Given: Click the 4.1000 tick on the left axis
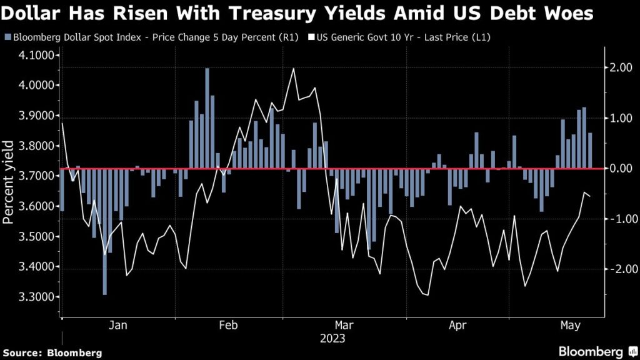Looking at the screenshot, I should click(x=37, y=55).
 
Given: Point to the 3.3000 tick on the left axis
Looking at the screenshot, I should click(x=37, y=297).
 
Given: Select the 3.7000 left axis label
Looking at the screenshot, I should click(x=37, y=176).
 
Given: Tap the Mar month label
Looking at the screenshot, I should click(x=344, y=326).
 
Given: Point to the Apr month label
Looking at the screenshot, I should click(x=459, y=326).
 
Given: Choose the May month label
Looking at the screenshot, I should click(x=570, y=326).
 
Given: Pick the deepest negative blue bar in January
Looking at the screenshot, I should click(x=104, y=231).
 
